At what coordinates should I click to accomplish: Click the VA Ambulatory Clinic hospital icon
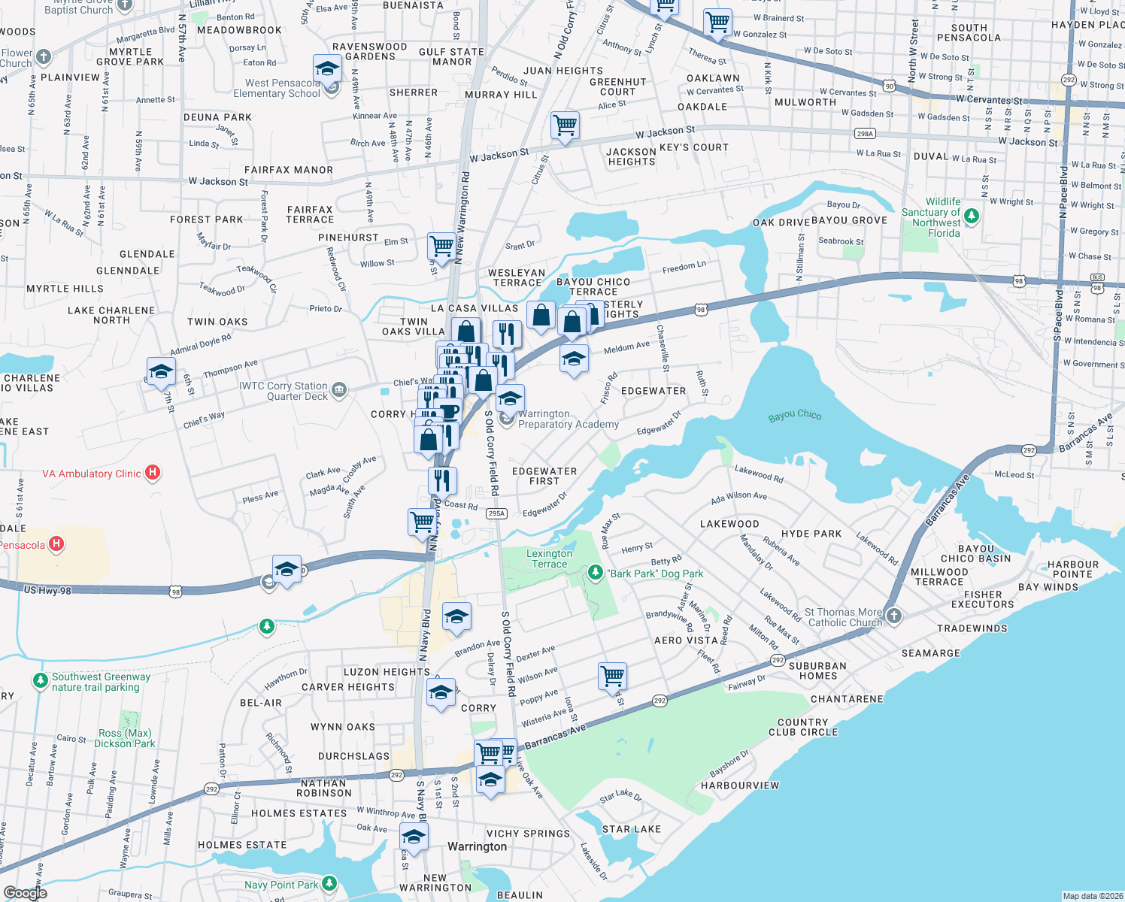153,473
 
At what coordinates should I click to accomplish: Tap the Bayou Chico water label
795,416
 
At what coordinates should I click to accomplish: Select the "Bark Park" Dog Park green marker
596,574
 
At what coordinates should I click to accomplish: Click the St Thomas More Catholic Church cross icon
893,616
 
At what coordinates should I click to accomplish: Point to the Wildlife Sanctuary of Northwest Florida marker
972,216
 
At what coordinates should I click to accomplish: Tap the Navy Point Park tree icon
329,884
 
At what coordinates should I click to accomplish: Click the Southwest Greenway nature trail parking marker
40,681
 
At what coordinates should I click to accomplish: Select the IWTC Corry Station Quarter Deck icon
339,389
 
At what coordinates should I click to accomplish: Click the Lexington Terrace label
550,559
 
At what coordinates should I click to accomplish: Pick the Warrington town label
477,847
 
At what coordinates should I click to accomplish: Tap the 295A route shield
496,513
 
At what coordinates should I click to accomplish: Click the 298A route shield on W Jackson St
865,134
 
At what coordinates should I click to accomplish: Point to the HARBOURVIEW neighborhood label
740,785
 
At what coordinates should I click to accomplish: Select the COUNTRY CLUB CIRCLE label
803,727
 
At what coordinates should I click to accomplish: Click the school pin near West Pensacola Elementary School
327,70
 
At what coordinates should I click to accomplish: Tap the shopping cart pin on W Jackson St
565,125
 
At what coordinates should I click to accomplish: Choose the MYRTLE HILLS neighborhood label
65,289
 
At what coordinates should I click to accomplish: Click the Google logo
25,892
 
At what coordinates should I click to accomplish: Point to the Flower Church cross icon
44,56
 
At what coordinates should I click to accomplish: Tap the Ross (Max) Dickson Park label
125,738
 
